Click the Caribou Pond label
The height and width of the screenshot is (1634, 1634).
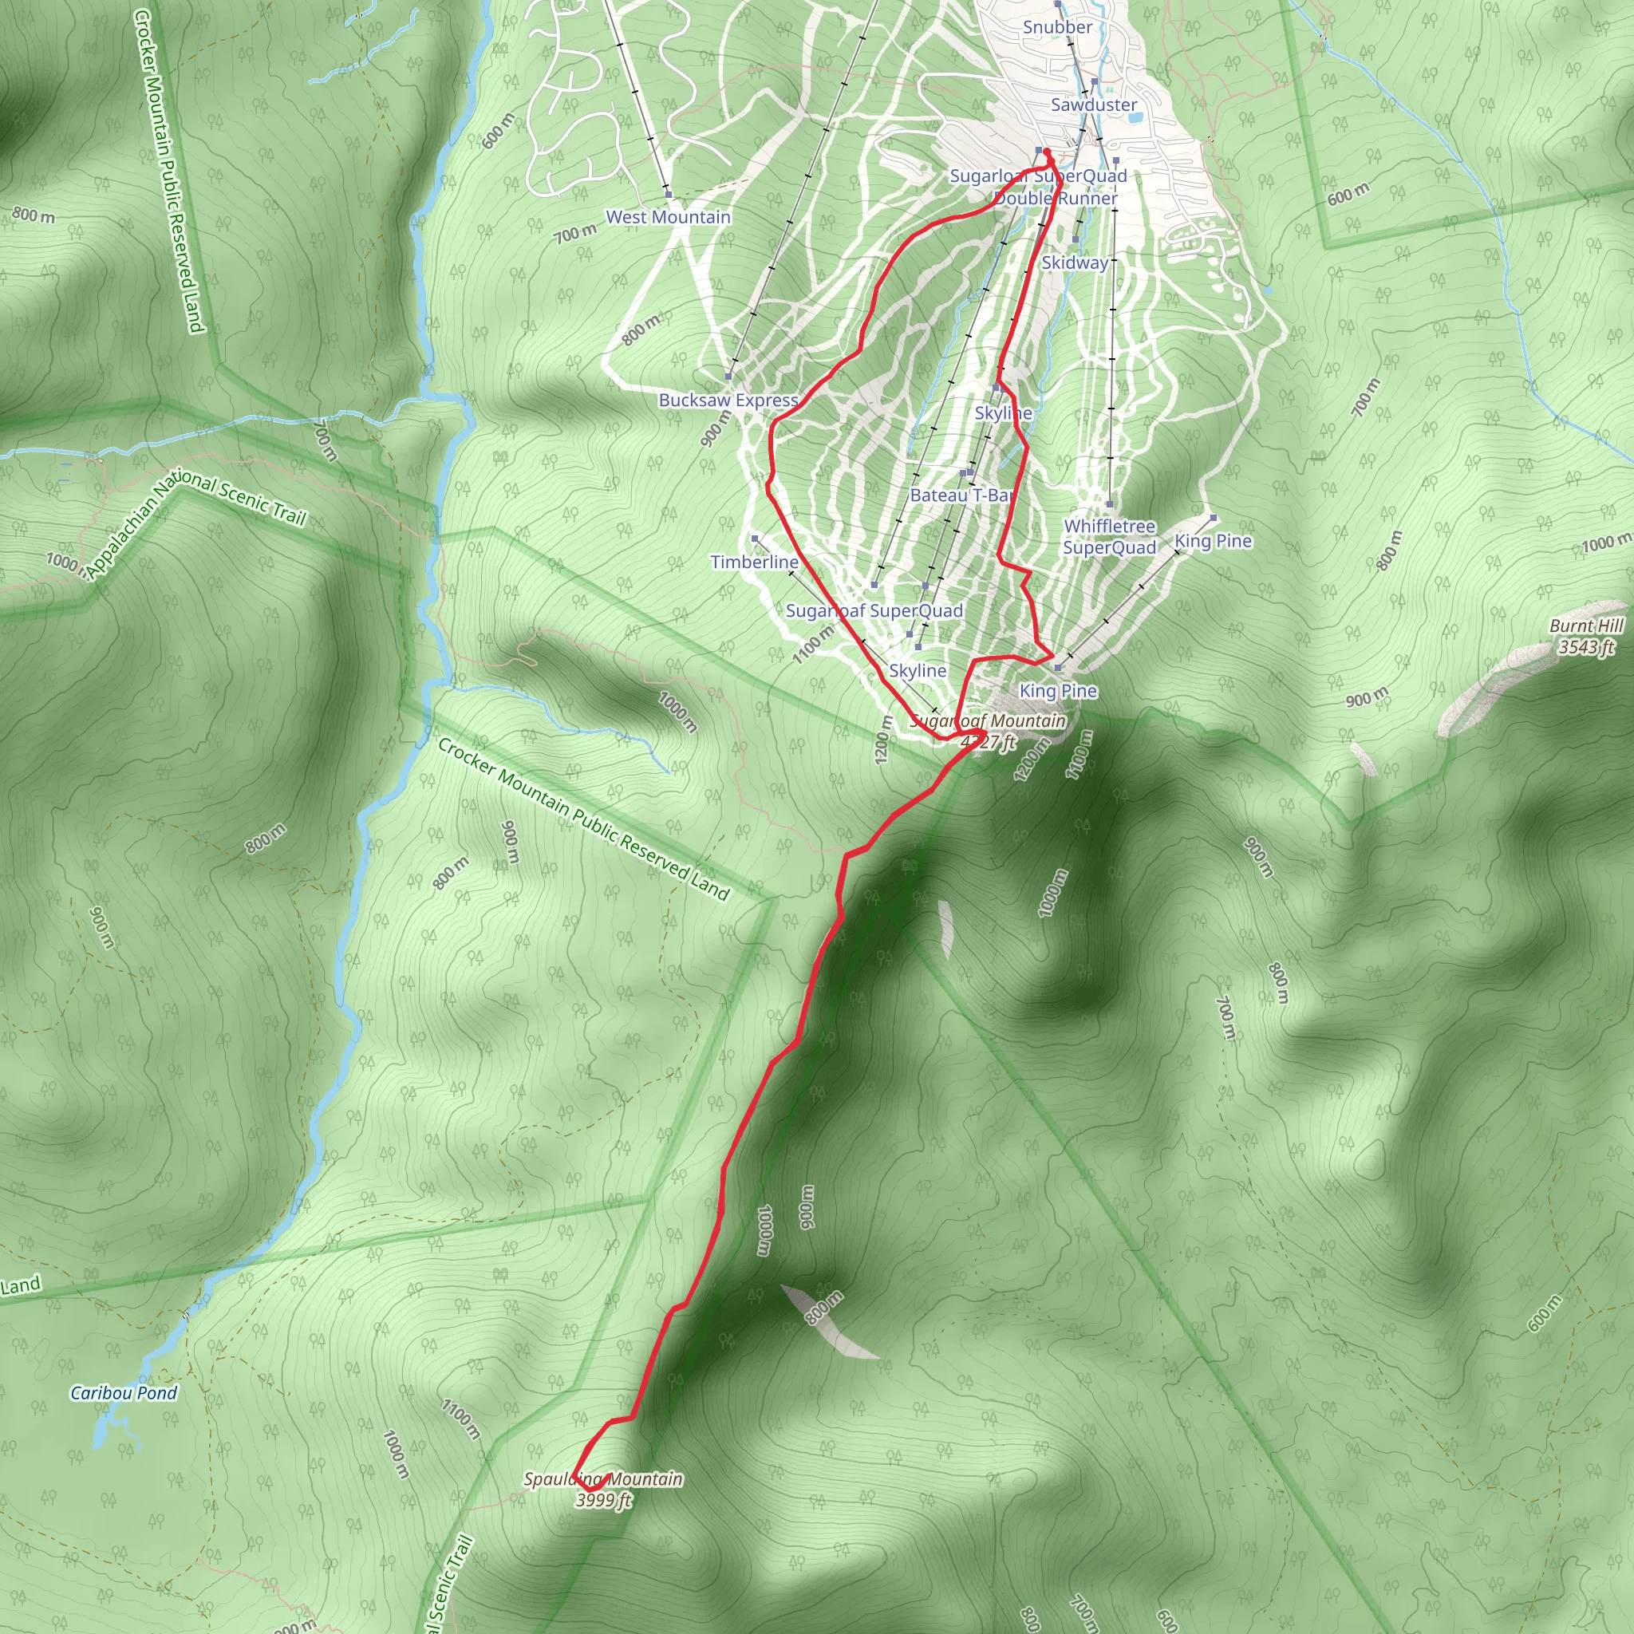pyautogui.click(x=124, y=1393)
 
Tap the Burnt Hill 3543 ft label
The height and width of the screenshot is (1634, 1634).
pyautogui.click(x=1586, y=636)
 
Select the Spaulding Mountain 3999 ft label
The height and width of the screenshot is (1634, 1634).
pyautogui.click(x=603, y=1490)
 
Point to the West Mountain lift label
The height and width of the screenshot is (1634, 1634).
pyautogui.click(x=668, y=216)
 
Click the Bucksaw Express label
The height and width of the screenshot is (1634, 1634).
pyautogui.click(x=728, y=400)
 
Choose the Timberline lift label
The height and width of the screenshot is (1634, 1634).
pyautogui.click(x=755, y=562)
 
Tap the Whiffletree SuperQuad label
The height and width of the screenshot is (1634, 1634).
pyautogui.click(x=1110, y=537)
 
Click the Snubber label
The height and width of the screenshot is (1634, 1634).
pyautogui.click(x=1057, y=27)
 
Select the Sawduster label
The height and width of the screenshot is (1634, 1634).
pyautogui.click(x=1094, y=105)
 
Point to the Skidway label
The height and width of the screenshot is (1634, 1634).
pyautogui.click(x=1074, y=262)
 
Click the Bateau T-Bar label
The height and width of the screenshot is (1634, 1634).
pyautogui.click(x=961, y=495)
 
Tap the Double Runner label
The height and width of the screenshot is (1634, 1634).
pyautogui.click(x=1056, y=198)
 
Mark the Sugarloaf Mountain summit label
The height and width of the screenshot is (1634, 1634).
pyautogui.click(x=988, y=732)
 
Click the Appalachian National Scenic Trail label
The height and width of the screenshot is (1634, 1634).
pyautogui.click(x=195, y=526)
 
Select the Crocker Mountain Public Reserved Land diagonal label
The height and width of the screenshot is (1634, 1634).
pyautogui.click(x=582, y=819)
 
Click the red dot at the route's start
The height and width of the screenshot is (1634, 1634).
pyautogui.click(x=1047, y=152)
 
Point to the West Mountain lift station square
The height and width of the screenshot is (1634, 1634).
pyautogui.click(x=668, y=195)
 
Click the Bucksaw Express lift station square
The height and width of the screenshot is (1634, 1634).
pyautogui.click(x=728, y=377)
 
